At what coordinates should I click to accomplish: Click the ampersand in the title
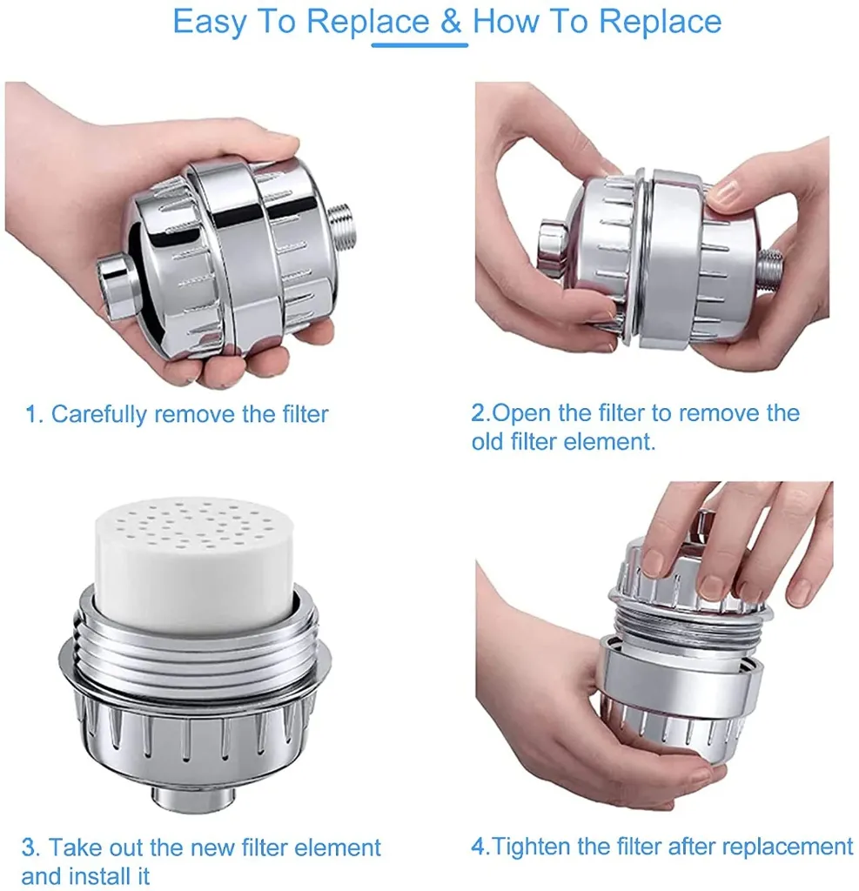point(450,21)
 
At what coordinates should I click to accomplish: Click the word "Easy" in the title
point(210,23)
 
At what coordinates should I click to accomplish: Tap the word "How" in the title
point(507,21)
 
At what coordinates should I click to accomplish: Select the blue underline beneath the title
point(419,45)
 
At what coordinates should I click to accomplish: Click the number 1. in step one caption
point(34,414)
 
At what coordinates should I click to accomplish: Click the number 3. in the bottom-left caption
point(30,847)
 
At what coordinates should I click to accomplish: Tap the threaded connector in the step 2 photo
point(770,270)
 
